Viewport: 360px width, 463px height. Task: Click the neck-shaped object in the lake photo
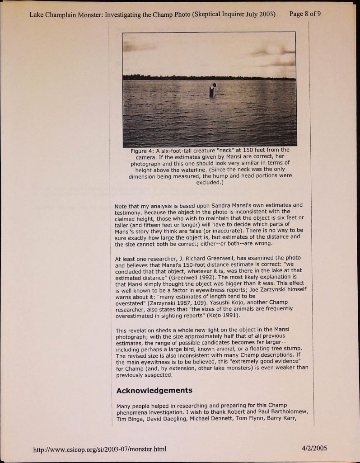(212, 90)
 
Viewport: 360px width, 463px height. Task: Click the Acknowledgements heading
(154, 390)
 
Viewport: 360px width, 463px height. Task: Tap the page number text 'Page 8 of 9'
(305, 14)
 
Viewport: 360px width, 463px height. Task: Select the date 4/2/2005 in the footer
(315, 449)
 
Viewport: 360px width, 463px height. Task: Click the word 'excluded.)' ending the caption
(210, 183)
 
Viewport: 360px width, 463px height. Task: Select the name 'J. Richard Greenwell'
(206, 258)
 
